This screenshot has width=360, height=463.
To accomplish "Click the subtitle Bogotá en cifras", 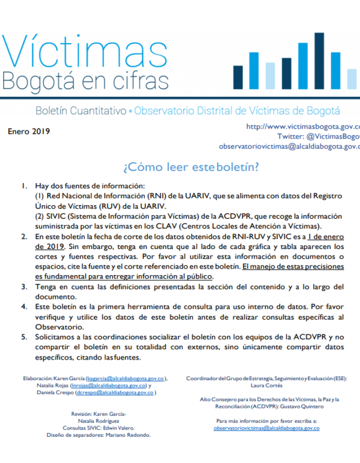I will coord(85,80).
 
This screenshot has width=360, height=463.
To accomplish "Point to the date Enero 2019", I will coord(29,131).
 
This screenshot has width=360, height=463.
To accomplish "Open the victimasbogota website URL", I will coord(303,127).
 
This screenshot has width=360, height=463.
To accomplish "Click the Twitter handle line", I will coord(318,136).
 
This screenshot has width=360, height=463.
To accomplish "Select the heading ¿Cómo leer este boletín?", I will coord(190,167).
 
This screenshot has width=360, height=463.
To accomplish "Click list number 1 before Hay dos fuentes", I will coord(24,186).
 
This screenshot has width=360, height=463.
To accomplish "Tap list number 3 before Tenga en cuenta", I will coord(24,287).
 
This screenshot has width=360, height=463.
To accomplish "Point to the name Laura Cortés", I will coord(267,385).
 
